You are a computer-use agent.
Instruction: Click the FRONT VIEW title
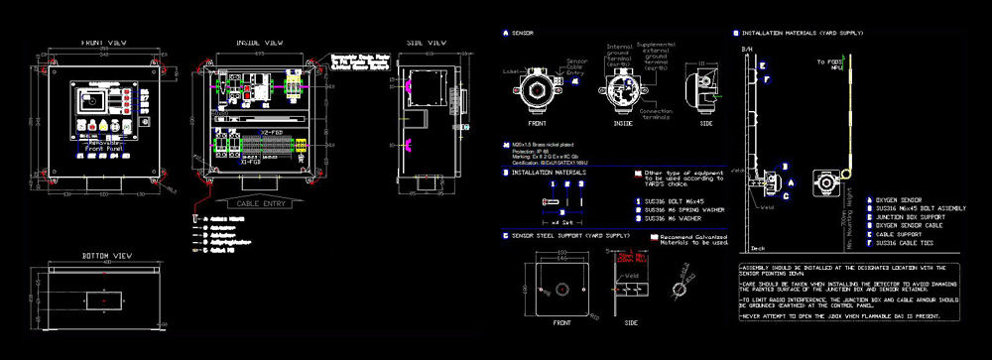(x=103, y=44)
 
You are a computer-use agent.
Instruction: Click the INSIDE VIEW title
(x=261, y=44)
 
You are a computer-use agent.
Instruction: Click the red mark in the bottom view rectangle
(x=103, y=298)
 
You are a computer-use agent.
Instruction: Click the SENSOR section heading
(x=522, y=34)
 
